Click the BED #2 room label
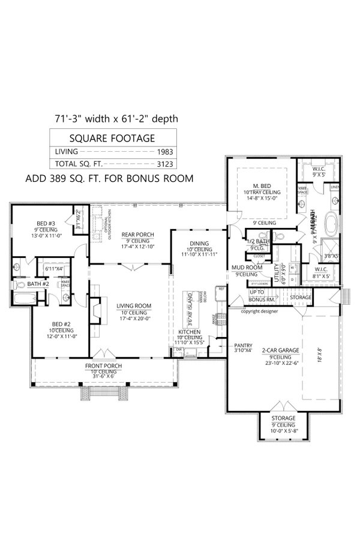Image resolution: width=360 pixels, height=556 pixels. coord(61,324)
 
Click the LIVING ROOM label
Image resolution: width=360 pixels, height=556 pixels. coord(133,306)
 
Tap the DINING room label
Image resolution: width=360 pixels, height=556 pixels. coord(200,243)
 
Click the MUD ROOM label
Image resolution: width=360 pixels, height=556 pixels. coord(245,268)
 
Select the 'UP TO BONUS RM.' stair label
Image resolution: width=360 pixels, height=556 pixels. coord(262,294)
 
